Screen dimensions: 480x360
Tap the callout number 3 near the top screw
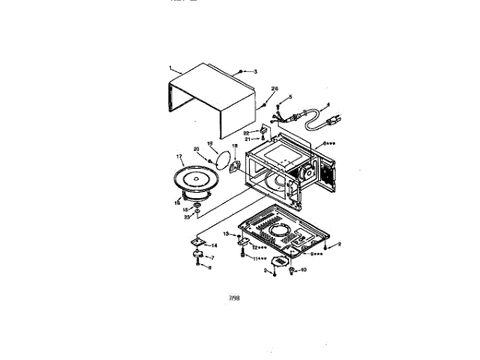pos(255,71)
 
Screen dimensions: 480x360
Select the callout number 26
pos(274,88)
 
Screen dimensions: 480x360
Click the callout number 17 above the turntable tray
pos(180,157)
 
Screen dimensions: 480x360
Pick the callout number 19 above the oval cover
pos(210,142)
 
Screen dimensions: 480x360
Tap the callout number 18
pos(233,146)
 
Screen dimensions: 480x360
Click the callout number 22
pos(245,133)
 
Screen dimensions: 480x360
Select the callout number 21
pos(247,139)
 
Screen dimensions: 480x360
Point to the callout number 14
pos(214,246)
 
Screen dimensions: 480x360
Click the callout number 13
pos(225,235)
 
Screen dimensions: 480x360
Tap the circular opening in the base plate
pos(283,228)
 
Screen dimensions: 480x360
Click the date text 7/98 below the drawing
pos(234,298)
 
